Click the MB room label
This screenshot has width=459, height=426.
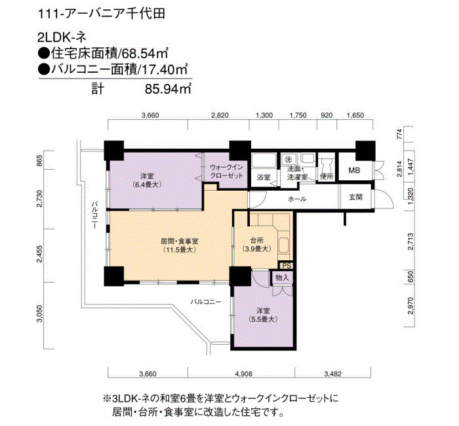[x=354, y=170]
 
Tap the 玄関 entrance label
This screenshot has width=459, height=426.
[x=355, y=197]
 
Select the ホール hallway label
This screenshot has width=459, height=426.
[x=297, y=199]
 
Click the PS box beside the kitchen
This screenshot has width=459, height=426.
[x=287, y=265]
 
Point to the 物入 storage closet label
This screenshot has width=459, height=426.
[x=282, y=277]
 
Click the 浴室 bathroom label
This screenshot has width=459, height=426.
[x=264, y=177]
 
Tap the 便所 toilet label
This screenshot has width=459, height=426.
[x=327, y=176]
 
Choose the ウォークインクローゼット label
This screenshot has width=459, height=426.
[x=227, y=171]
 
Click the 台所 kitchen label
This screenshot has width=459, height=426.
[x=257, y=241]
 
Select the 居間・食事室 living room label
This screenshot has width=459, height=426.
[x=180, y=241]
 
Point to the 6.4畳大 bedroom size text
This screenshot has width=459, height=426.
[x=147, y=185]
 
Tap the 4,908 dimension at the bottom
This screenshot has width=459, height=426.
[x=243, y=374]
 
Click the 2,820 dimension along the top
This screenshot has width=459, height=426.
[x=220, y=115]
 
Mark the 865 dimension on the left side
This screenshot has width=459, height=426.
[x=39, y=161]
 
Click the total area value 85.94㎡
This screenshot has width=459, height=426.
[x=168, y=89]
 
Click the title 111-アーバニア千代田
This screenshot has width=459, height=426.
[x=102, y=14]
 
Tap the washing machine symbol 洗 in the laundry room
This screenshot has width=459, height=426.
[x=287, y=159]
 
